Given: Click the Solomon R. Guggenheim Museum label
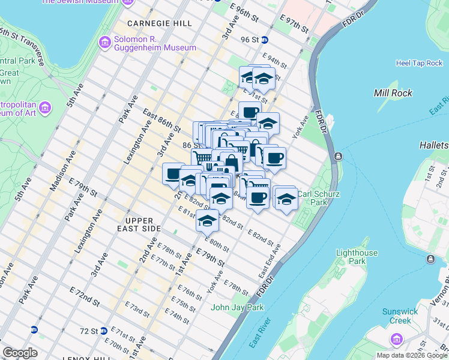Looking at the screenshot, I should pyautogui.click(x=155, y=43).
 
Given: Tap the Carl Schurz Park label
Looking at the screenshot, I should pyautogui.click(x=320, y=198).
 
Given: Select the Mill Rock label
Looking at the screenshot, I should pyautogui.click(x=393, y=93).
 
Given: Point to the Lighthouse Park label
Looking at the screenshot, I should pyautogui.click(x=357, y=257).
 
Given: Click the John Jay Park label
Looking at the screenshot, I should pyautogui.click(x=237, y=308).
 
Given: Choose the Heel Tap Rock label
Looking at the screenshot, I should pyautogui.click(x=419, y=63).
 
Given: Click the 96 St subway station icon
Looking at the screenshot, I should pyautogui.click(x=264, y=40).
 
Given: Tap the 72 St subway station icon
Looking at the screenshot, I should pyautogui.click(x=104, y=331).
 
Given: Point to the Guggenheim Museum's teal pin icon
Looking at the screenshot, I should pyautogui.click(x=104, y=43).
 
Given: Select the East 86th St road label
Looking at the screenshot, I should pyautogui.click(x=161, y=121).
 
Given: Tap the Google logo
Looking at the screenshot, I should pyautogui.click(x=20, y=353).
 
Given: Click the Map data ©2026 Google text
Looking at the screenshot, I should pyautogui.click(x=411, y=355).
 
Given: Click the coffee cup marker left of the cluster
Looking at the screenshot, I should pyautogui.click(x=173, y=175).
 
